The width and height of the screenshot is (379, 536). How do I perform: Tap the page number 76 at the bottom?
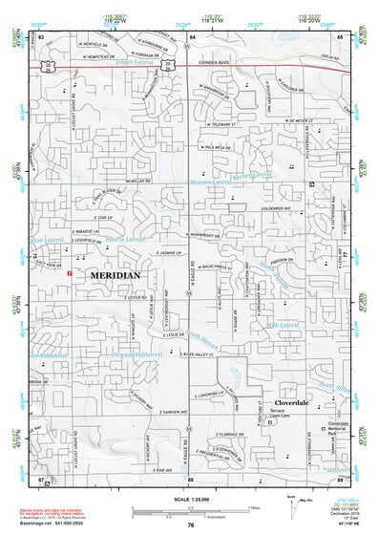pos(192,525)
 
